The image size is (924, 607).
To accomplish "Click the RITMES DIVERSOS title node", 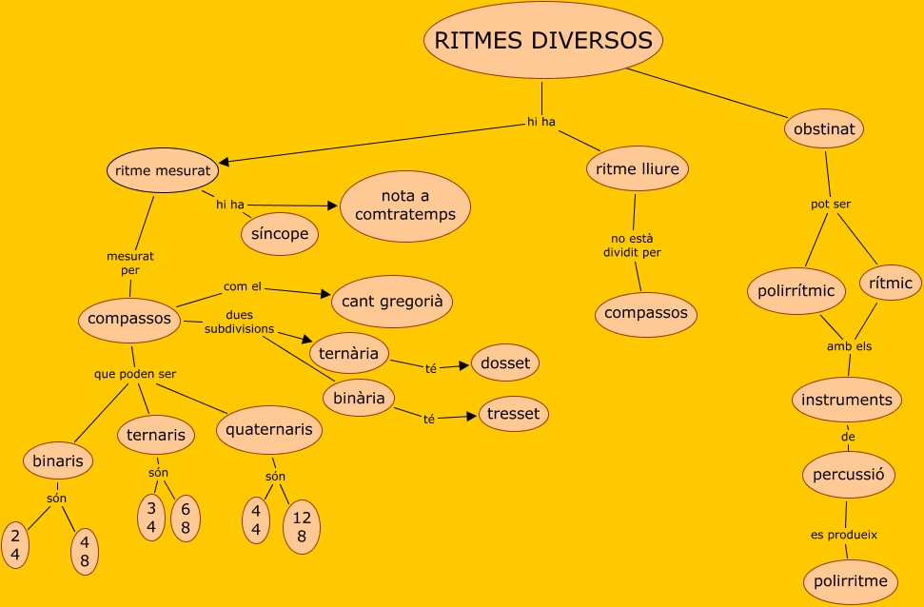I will pos(543,41).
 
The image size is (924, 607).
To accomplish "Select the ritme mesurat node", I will pos(163,172).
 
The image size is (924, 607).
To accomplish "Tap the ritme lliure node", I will pos(637,170).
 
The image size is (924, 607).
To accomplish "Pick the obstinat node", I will pos(823,128).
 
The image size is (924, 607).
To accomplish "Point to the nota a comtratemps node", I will pos(405,205).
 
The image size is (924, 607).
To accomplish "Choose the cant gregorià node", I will pos(391,302).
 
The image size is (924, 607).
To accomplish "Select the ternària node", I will pos(349,353).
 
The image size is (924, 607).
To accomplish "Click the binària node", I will pos(359,399).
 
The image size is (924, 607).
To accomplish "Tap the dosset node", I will pos(505,362).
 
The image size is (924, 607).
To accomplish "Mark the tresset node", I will pos(513,414).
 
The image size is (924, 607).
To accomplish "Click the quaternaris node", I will pos(269,430).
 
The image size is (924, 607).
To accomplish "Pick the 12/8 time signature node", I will pos(302,527).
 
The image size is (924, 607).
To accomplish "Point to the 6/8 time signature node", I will pos(186,519).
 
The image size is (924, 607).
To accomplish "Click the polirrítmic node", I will pos(796,291).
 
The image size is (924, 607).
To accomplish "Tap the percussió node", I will pos(848,474).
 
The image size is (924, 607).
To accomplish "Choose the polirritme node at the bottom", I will pos(851,581).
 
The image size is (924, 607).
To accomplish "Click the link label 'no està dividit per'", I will pos(632,245).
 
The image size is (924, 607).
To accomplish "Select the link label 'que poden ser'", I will pos(135,374).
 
